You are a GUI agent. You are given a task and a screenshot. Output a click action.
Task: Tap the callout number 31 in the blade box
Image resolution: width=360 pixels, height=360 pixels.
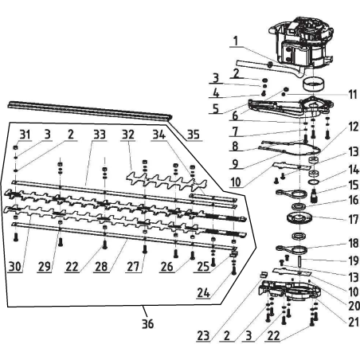point(24,133)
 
